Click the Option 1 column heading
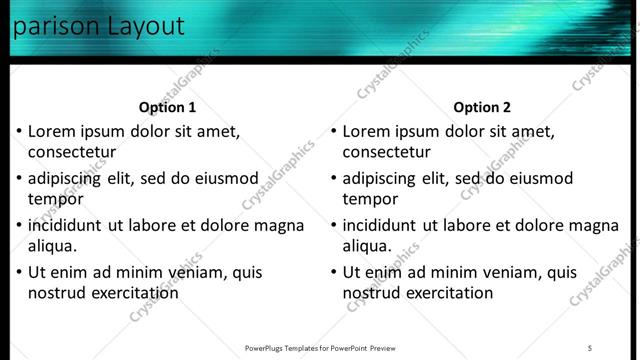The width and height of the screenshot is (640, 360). (x=168, y=107)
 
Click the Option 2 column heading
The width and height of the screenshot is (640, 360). (x=482, y=107)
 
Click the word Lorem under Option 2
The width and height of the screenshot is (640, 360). (x=366, y=131)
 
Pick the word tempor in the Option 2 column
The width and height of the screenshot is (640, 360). (x=370, y=198)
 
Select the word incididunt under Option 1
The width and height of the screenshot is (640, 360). (x=69, y=225)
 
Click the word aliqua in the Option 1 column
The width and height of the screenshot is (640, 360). (x=52, y=245)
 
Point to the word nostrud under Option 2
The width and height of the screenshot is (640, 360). (x=371, y=292)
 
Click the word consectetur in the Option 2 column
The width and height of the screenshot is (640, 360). (x=386, y=152)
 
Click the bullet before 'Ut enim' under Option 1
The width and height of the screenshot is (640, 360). (x=18, y=272)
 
